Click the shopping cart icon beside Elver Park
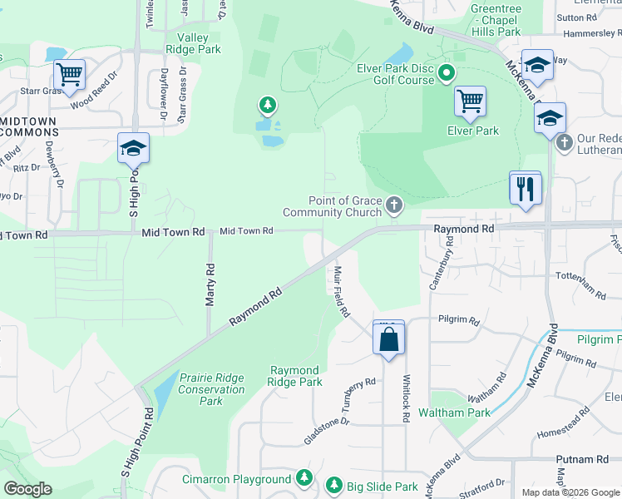click(470, 101)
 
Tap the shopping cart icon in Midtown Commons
click(69, 73)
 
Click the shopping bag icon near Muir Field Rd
click(388, 339)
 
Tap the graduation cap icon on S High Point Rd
click(133, 148)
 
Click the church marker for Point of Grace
click(393, 204)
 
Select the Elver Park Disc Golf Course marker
click(446, 74)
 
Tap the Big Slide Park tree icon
click(333, 485)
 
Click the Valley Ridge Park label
click(192, 43)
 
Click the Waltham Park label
click(454, 413)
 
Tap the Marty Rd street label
click(210, 284)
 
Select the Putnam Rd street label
click(582, 459)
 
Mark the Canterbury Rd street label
click(449, 253)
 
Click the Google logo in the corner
click(28, 489)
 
